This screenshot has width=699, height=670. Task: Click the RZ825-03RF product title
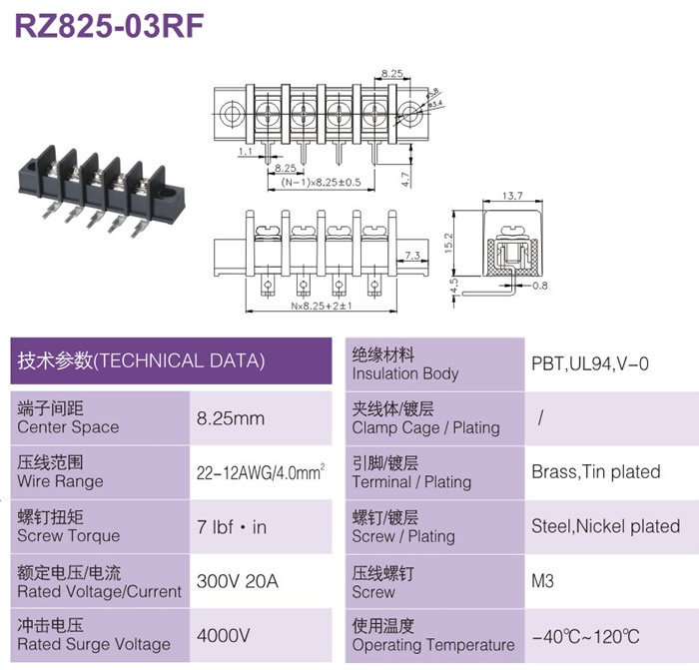[109, 26]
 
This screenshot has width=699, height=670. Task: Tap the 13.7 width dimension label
[512, 196]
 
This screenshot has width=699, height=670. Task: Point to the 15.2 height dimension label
[448, 243]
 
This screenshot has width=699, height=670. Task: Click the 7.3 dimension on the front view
[412, 256]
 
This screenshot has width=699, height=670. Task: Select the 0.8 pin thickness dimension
[540, 286]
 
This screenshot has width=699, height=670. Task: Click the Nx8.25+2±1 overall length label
[321, 306]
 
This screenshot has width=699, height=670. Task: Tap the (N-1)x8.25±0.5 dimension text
[321, 182]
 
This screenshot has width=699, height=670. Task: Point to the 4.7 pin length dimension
[405, 179]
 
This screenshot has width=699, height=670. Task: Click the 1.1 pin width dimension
[246, 151]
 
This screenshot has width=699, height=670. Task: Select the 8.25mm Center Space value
[231, 418]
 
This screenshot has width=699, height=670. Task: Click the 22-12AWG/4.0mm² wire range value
[261, 472]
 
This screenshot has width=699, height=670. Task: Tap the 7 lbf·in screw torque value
[232, 527]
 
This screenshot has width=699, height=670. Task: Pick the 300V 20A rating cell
[238, 581]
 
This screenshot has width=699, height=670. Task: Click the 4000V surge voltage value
[224, 635]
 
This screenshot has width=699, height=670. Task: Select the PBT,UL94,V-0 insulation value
[590, 364]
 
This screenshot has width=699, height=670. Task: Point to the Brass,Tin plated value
[596, 471]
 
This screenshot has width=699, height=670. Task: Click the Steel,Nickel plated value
[606, 526]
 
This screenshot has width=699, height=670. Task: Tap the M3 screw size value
[542, 581]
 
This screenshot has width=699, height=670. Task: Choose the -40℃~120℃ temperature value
[585, 637]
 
